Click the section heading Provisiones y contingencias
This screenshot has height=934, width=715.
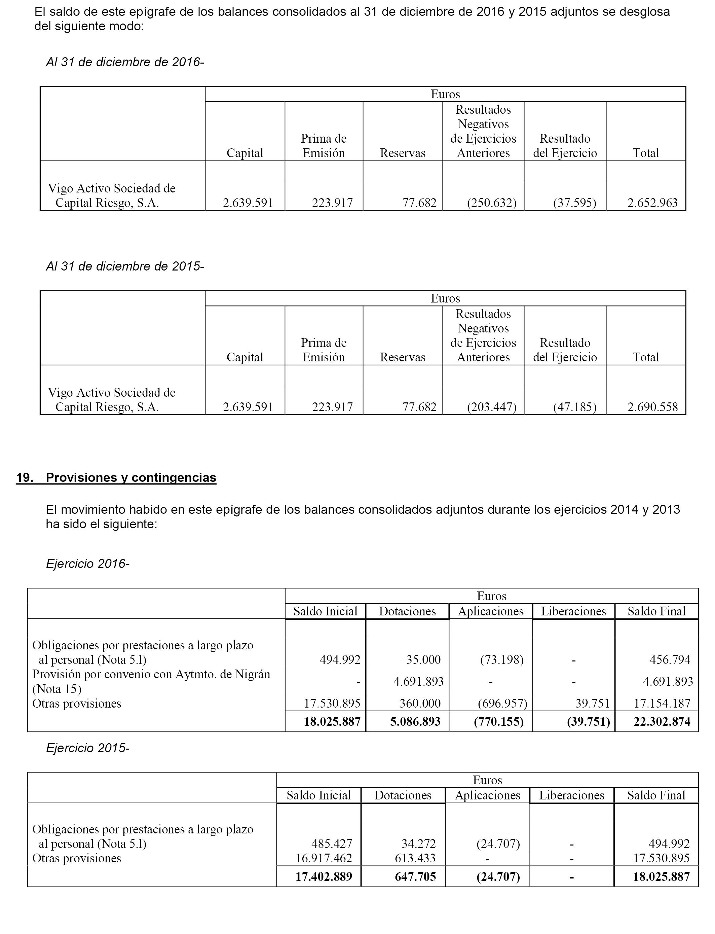pos(131,478)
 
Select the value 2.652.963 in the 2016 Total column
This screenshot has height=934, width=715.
pos(652,203)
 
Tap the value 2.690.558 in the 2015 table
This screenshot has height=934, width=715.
pos(652,407)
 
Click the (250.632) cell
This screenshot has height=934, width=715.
pos(492,203)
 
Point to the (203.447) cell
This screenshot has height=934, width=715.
pos(492,407)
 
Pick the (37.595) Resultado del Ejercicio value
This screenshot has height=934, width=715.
pos(574,203)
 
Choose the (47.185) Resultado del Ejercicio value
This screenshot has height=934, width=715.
pos(574,407)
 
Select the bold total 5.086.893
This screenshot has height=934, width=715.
pos(415,722)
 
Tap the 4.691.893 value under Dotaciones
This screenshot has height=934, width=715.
pos(418,682)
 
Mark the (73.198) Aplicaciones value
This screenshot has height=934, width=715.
pos(502,660)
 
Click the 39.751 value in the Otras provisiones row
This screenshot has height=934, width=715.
pos(593,703)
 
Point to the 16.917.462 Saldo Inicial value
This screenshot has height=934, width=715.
pos(324,858)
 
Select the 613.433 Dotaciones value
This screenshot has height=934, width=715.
pos(415,858)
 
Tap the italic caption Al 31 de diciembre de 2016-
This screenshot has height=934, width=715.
pos(125,62)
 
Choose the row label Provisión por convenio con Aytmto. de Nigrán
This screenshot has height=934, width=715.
pos(151,674)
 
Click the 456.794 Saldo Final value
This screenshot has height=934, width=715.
pos(670,660)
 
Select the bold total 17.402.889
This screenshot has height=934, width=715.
pos(324,877)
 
